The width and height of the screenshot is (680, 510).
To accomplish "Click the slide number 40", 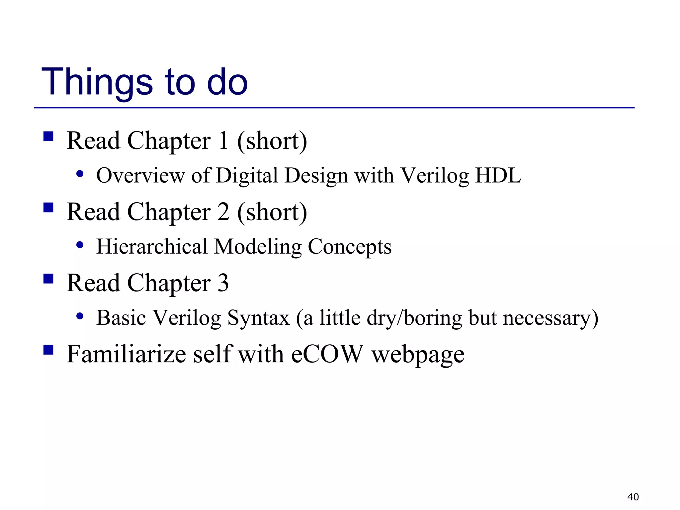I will tap(633, 497).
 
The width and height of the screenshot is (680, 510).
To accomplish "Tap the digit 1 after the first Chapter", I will tap(223, 141).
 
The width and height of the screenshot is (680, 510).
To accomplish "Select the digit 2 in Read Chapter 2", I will tap(223, 212).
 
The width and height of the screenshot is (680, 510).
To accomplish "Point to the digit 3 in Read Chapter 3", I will tap(223, 283).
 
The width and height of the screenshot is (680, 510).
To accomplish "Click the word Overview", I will tap(140, 175).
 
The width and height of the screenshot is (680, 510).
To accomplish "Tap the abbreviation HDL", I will tap(498, 175).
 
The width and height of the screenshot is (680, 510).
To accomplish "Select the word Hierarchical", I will tap(152, 247).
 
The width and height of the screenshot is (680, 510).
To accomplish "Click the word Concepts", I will tap(350, 247).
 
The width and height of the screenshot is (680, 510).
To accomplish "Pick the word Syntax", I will tap(258, 318).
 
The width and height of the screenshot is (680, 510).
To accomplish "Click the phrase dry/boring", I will tap(414, 318).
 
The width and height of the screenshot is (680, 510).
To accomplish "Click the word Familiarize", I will tap(126, 354).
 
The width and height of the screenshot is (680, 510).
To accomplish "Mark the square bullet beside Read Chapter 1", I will tap(48, 136).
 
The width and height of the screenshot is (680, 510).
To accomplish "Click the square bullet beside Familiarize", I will tap(48, 350).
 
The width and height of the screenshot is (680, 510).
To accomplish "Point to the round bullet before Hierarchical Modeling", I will tap(80, 245).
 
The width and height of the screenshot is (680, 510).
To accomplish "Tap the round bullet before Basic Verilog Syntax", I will tap(80, 316).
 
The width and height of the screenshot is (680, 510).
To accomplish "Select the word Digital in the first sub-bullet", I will tap(247, 175).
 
